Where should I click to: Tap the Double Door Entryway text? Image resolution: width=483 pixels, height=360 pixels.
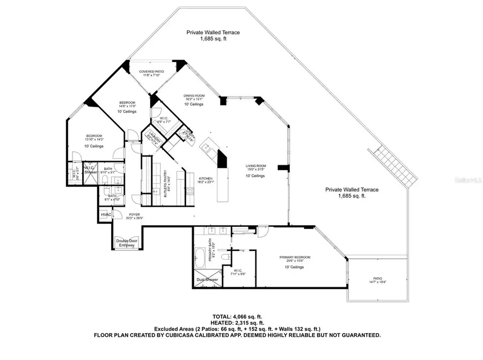(x=127, y=243)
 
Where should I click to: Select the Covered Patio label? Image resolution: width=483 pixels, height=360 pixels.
(x=151, y=71)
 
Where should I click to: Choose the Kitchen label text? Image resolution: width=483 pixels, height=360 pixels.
(x=206, y=179)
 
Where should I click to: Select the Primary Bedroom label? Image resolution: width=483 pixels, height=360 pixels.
(x=295, y=258)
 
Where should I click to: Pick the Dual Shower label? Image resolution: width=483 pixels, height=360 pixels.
(x=208, y=280)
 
